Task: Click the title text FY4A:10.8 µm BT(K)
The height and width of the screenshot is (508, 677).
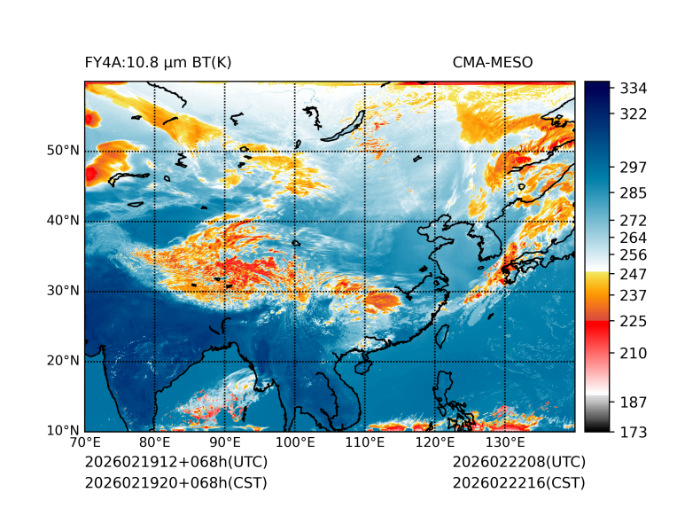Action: (x=158, y=63)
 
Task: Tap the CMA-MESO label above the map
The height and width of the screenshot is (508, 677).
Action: (x=493, y=63)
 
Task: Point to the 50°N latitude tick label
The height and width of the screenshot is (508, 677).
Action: (x=63, y=151)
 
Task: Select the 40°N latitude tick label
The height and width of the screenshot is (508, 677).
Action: (x=63, y=221)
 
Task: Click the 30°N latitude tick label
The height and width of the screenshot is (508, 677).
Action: (x=63, y=291)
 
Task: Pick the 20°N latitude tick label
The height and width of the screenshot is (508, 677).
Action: (x=63, y=361)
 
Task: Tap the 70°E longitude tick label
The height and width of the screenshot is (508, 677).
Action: (x=85, y=442)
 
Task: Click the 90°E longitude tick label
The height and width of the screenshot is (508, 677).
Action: (x=225, y=442)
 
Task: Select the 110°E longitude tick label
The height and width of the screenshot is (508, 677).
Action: (x=364, y=442)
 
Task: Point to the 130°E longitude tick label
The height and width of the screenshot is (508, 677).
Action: (x=505, y=442)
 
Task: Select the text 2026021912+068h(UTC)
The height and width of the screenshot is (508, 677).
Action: (x=175, y=462)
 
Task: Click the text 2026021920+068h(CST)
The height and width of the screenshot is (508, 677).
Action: (x=175, y=482)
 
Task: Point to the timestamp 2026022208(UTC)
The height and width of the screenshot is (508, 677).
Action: (x=518, y=462)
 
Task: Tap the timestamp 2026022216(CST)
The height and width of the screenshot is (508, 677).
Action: (x=518, y=482)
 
